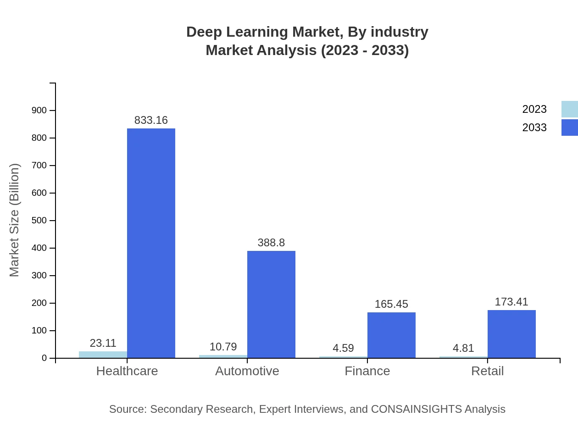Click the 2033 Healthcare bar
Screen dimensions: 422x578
pyautogui.click(x=151, y=243)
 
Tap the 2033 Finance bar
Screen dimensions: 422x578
pyautogui.click(x=391, y=335)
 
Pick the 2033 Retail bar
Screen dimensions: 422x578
pyautogui.click(x=511, y=334)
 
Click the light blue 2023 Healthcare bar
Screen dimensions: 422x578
pyautogui.click(x=103, y=355)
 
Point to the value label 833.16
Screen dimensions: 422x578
pyautogui.click(x=151, y=120)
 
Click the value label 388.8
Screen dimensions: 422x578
pyautogui.click(x=271, y=243)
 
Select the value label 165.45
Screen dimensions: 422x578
pyautogui.click(x=391, y=304)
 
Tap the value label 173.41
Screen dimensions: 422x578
pyautogui.click(x=511, y=302)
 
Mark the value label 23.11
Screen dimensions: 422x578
pyautogui.click(x=103, y=343)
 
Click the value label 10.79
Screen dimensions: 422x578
pyautogui.click(x=223, y=347)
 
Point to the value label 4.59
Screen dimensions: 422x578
pyautogui.click(x=343, y=348)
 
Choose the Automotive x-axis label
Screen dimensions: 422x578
pyautogui.click(x=247, y=371)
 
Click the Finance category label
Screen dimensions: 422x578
pyautogui.click(x=367, y=371)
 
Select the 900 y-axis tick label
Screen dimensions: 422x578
pyautogui.click(x=39, y=111)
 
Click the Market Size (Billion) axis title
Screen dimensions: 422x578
pyautogui.click(x=15, y=220)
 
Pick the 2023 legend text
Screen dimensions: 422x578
pyautogui.click(x=534, y=109)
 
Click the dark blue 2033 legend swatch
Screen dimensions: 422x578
pyautogui.click(x=570, y=128)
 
